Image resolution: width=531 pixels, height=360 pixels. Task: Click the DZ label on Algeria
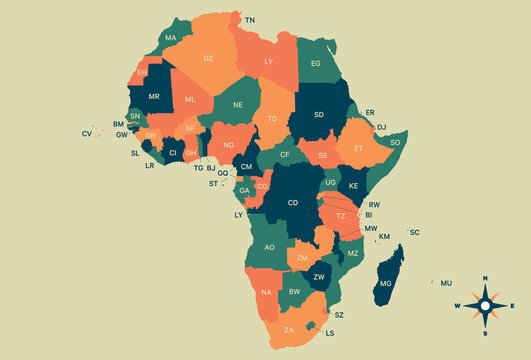click(208, 59)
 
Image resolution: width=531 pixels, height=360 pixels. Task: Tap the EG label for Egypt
click(316, 64)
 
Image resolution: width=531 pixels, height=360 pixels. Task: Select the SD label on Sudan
click(319, 114)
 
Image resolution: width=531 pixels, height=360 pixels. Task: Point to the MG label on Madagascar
click(386, 284)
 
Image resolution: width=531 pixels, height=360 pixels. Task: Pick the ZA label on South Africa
click(289, 330)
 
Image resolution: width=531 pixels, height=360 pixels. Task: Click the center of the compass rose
click(485, 305)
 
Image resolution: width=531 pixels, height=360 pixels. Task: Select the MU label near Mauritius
click(446, 283)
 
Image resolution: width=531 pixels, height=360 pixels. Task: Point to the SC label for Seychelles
click(415, 232)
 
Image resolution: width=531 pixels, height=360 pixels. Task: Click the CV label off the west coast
click(87, 134)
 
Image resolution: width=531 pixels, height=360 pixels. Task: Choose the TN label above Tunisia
click(250, 20)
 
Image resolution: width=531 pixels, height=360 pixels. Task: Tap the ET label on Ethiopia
click(357, 148)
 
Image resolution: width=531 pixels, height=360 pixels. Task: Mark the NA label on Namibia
click(265, 292)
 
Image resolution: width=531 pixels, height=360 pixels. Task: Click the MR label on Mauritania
click(154, 96)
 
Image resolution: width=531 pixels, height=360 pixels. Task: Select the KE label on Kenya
click(353, 186)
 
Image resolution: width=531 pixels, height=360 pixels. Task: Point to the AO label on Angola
click(269, 247)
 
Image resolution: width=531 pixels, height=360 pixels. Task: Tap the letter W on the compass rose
click(458, 306)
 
